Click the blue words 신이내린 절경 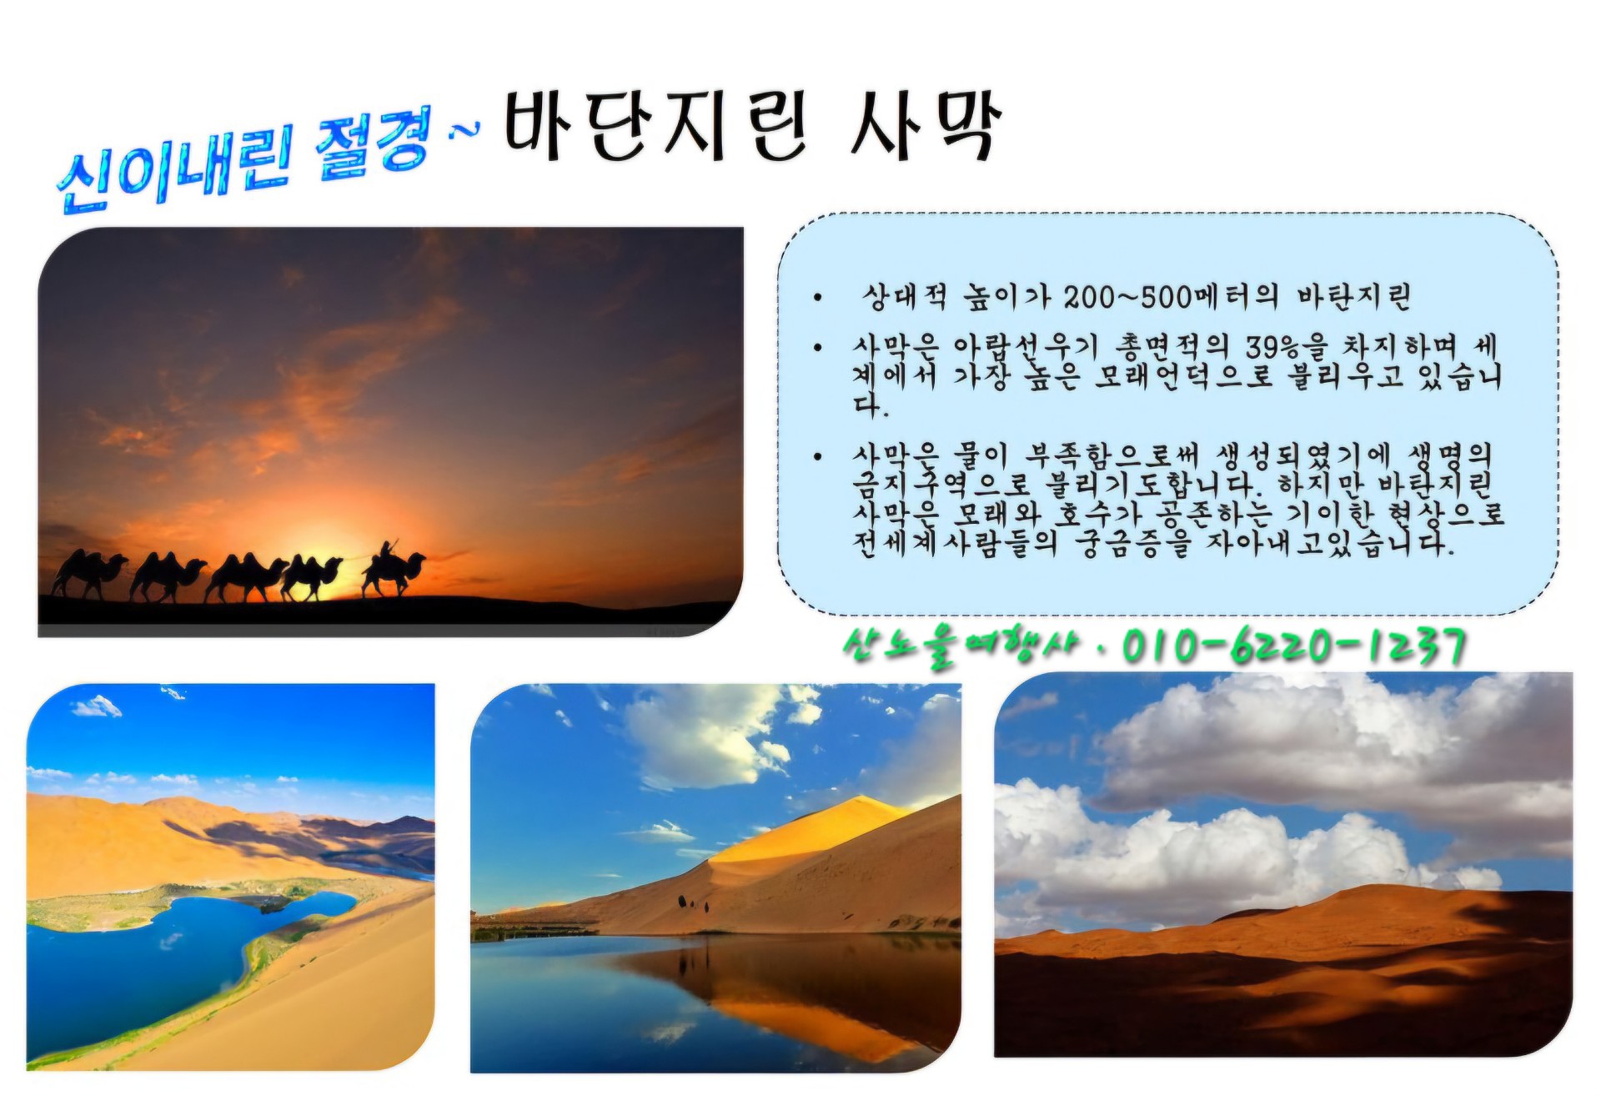[x=245, y=158]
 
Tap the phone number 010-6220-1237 [x=1293, y=646]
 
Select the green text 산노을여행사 [x=960, y=646]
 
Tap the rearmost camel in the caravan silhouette [x=88, y=574]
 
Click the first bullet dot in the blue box [x=819, y=298]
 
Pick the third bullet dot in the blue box [x=819, y=456]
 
